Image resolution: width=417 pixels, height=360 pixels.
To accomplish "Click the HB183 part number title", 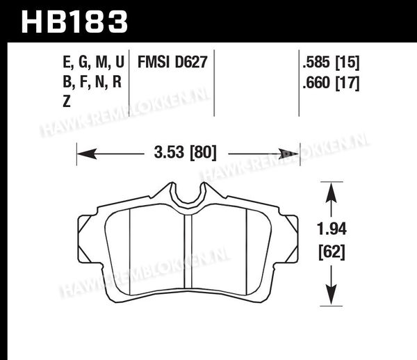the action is click(x=74, y=22).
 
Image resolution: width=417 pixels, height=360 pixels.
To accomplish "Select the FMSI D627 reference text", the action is click(x=172, y=62).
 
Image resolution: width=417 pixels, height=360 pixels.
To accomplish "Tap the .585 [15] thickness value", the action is click(x=331, y=63).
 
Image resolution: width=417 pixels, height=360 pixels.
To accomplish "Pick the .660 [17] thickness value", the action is click(x=331, y=83).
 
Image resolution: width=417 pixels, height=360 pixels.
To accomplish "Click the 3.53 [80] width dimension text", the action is click(x=186, y=153).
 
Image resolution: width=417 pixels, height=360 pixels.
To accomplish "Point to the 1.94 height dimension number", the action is click(x=332, y=229).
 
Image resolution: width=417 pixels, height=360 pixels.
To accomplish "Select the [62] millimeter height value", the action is click(x=332, y=252).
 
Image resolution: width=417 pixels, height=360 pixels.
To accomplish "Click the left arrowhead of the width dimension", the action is click(x=87, y=154).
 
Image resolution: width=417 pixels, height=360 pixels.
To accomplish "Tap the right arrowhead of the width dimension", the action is click(x=288, y=154).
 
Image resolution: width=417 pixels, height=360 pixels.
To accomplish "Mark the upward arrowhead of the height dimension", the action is click(x=332, y=193).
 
